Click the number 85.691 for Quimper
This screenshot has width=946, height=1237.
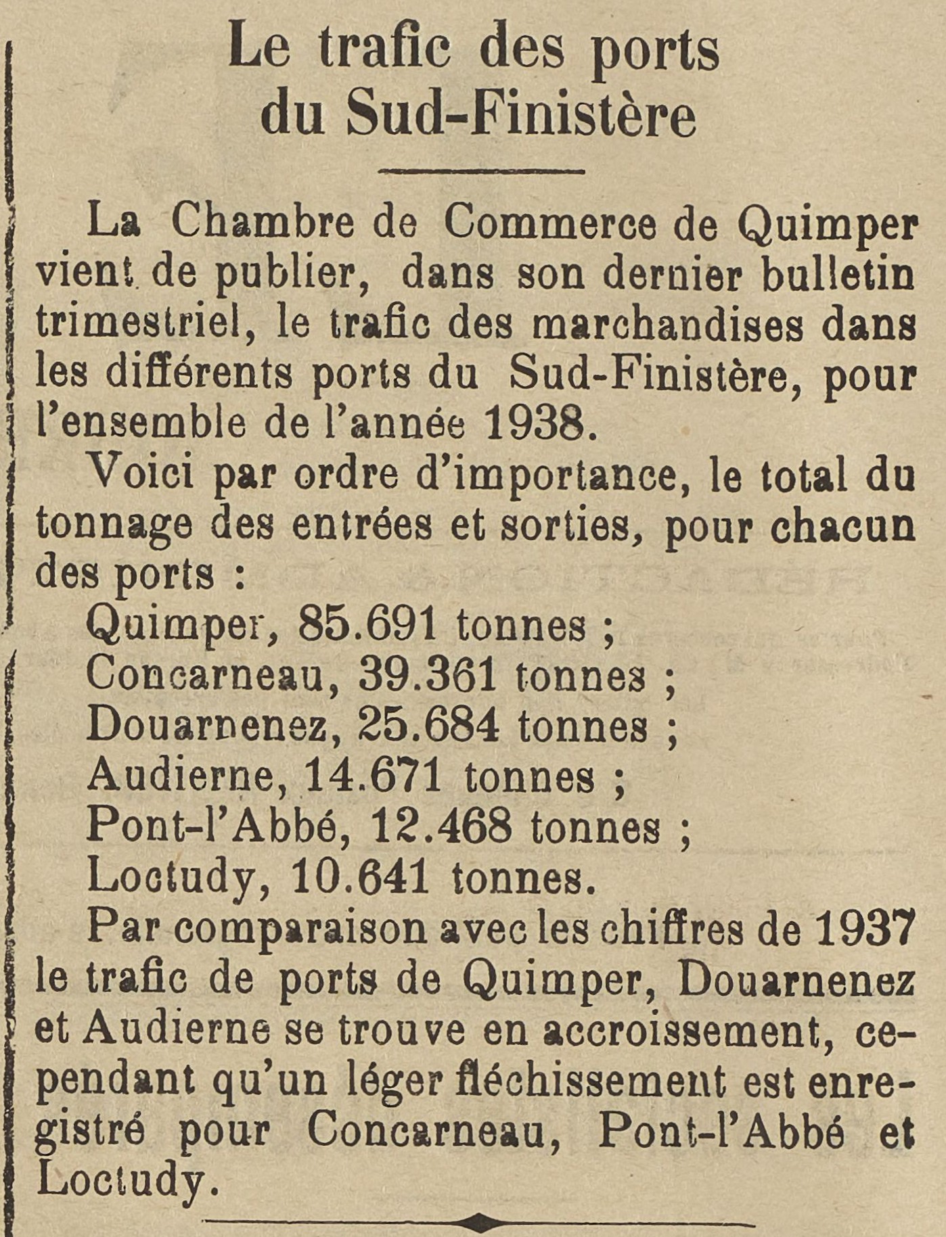click(x=367, y=626)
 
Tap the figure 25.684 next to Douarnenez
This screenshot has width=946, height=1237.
click(x=428, y=726)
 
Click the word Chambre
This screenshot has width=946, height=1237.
click(x=262, y=224)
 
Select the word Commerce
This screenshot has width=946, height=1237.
click(x=549, y=224)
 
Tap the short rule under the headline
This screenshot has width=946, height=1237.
click(x=481, y=172)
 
